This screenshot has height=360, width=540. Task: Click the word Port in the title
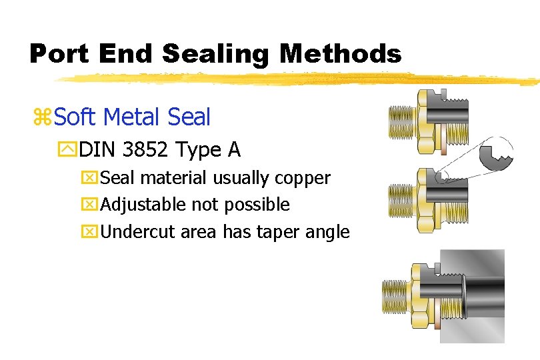coord(59,53)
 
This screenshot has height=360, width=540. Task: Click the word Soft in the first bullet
coord(75,117)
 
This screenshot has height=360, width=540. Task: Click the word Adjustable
coord(141,205)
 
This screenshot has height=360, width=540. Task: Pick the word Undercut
coord(134,231)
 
